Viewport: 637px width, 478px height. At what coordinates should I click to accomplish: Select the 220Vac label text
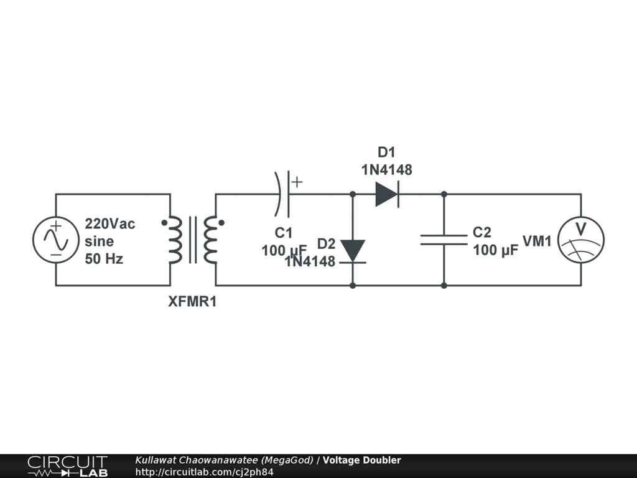[110, 223]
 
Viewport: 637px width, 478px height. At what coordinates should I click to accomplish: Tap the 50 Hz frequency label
[104, 259]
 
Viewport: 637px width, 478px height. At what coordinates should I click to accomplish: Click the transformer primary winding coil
[175, 240]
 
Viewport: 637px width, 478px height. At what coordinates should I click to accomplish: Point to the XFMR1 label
[193, 302]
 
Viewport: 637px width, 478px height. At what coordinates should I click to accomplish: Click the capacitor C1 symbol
[283, 194]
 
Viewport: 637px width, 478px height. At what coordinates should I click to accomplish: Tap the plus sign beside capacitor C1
[297, 182]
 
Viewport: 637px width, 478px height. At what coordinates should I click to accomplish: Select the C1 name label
[284, 233]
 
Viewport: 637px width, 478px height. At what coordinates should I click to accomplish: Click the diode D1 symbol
[386, 194]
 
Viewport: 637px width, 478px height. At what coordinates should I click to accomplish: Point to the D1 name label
[386, 152]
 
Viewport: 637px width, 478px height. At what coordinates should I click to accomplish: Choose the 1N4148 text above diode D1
[386, 169]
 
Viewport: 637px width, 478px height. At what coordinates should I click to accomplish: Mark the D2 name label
[327, 243]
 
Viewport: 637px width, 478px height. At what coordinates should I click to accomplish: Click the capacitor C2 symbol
[444, 240]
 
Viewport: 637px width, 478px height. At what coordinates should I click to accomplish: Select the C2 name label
[482, 233]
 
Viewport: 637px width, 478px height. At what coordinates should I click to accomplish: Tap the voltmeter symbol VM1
[580, 240]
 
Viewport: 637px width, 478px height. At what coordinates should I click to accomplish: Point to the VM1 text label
[537, 241]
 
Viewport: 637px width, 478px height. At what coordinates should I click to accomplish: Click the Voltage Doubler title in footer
[361, 461]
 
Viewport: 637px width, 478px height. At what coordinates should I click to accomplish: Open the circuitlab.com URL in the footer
[204, 472]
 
